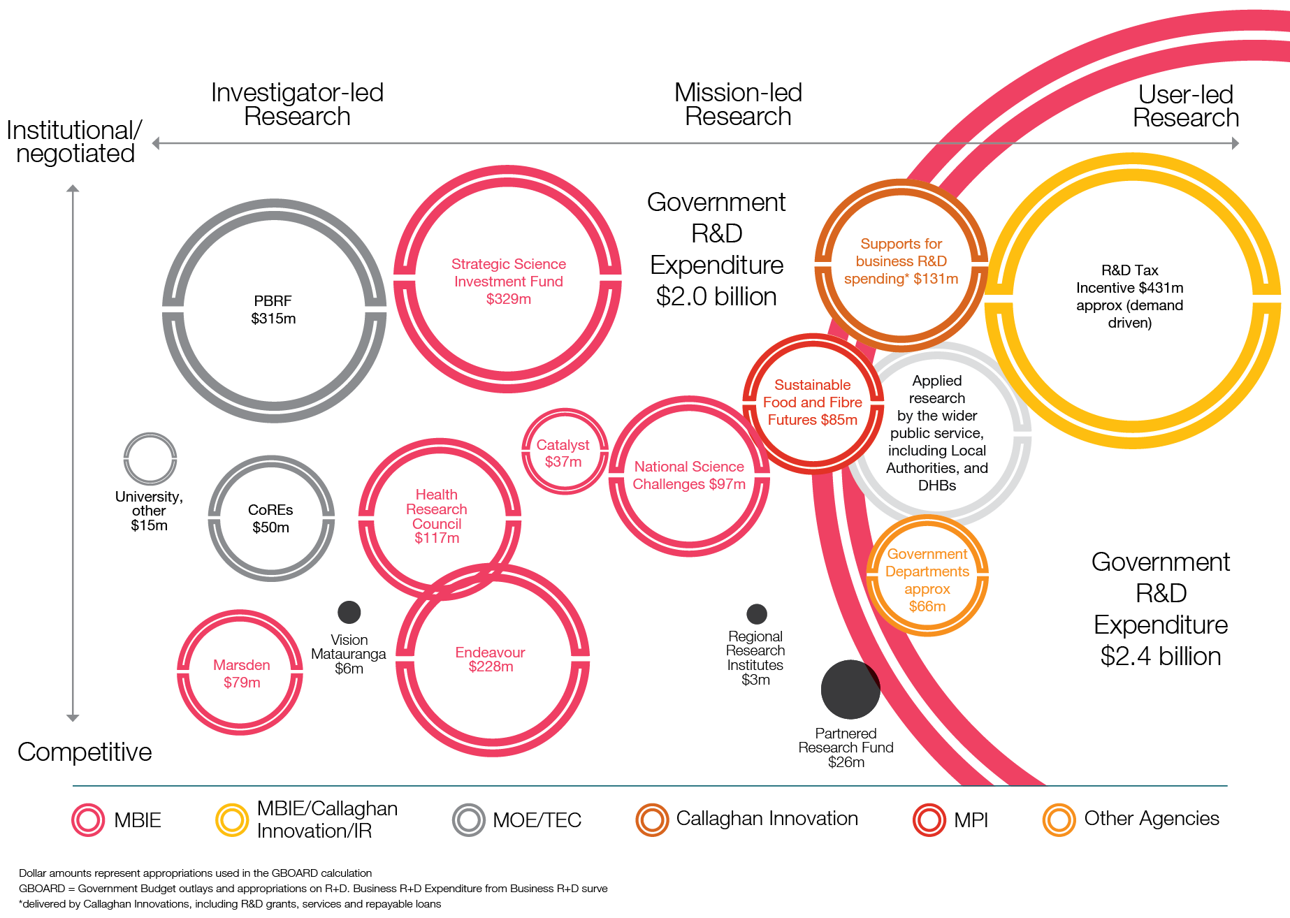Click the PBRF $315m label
273,309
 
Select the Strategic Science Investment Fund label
508,281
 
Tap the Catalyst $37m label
563,453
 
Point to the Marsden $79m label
241,673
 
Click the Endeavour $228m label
491,660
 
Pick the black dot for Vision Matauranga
349,612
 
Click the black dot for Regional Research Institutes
756,613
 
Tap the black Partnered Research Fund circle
850,689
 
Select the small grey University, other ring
150,458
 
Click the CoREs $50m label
270,518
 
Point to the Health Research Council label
437,516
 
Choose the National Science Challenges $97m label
689,475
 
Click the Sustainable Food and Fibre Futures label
812,402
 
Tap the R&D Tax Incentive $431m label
1129,296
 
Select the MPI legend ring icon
929,819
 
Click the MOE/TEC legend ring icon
468,819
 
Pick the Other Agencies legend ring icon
1059,819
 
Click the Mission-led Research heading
738,104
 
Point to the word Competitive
85,752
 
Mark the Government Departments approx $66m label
927,580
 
